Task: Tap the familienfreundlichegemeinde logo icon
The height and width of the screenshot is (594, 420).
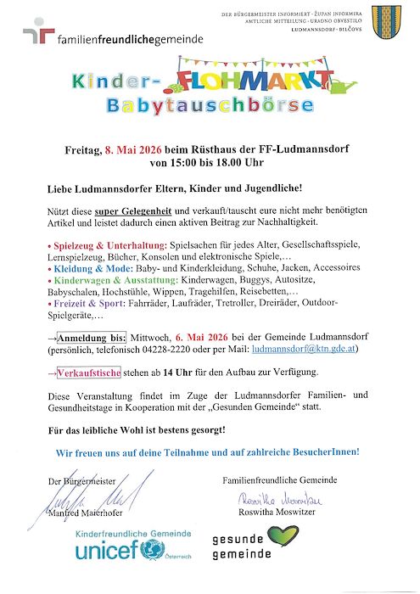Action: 37,35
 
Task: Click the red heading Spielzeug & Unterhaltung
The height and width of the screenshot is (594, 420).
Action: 95,244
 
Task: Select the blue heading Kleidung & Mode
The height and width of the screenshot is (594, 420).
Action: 83,266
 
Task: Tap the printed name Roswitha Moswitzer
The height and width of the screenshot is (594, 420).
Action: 275,513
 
